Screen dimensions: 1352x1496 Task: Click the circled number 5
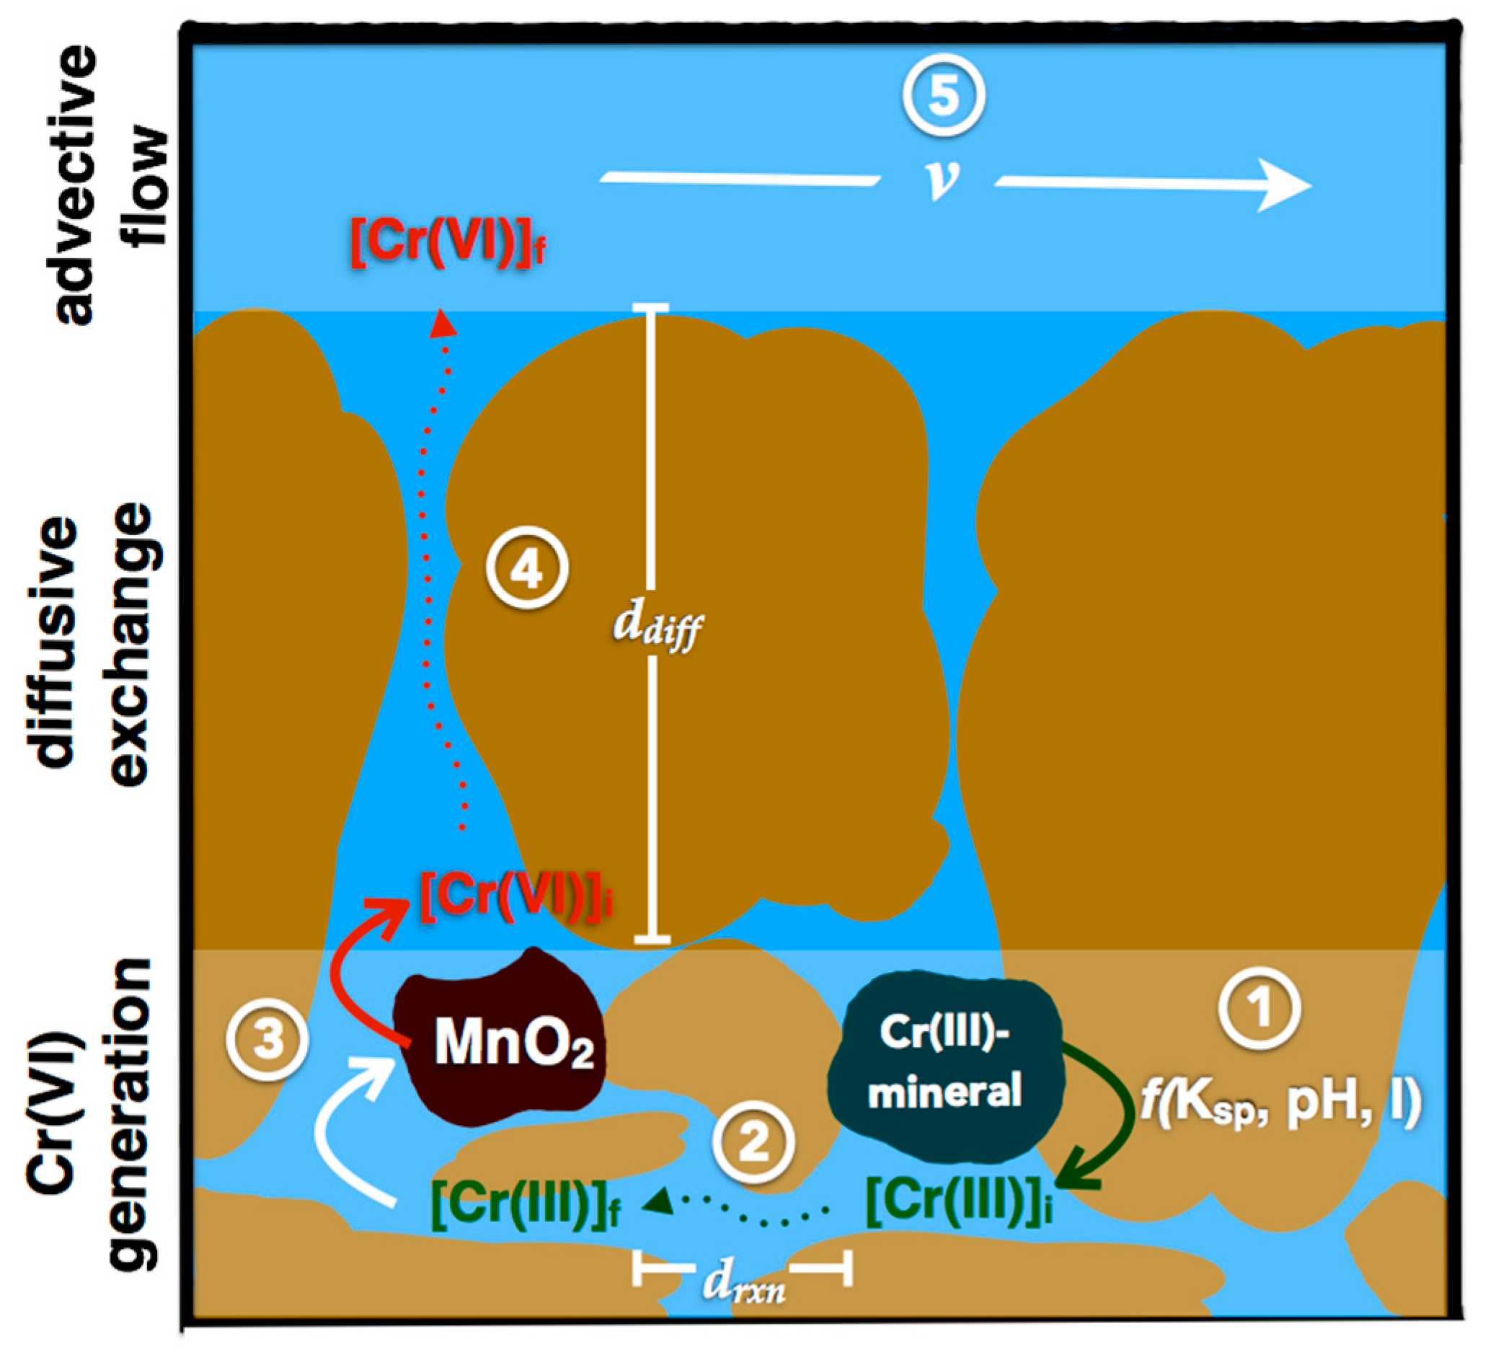(943, 96)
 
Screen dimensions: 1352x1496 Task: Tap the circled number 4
(527, 569)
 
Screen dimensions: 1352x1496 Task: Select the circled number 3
(267, 1039)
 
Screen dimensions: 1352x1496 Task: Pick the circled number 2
(753, 1142)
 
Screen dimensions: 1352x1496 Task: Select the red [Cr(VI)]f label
(449, 243)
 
